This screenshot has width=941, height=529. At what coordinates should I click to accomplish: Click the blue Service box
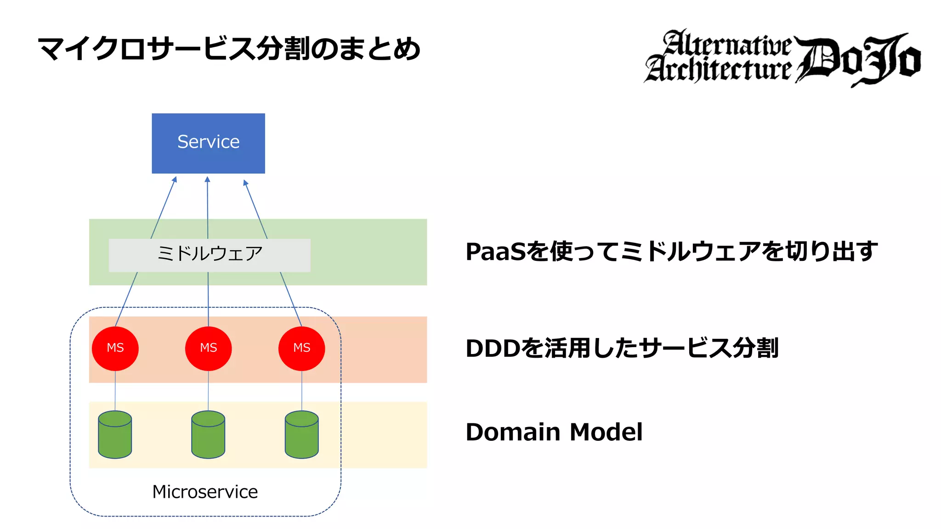pos(208,143)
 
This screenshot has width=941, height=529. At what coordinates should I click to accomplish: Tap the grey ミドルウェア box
pos(209,255)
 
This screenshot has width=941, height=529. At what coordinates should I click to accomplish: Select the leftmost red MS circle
pos(115,349)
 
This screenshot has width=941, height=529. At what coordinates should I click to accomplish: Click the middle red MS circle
pos(208,349)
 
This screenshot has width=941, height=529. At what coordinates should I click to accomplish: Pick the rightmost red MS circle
pos(301,349)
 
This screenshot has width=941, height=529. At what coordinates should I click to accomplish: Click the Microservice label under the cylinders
pos(205,492)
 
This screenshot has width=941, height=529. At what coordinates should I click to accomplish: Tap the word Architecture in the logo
pos(719,69)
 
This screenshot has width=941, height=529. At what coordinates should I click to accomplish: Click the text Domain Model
pos(554,432)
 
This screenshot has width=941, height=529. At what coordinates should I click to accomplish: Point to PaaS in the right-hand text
pos(495,252)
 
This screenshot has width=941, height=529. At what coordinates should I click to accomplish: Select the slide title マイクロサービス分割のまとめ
pos(229,49)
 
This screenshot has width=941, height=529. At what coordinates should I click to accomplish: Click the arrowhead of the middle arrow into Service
pos(207,180)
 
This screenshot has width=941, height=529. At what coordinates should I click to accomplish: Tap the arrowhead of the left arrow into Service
pos(175,180)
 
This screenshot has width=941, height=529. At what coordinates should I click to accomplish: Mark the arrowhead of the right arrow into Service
pos(245,183)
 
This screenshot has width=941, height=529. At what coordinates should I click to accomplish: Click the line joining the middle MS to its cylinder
pos(208,390)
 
